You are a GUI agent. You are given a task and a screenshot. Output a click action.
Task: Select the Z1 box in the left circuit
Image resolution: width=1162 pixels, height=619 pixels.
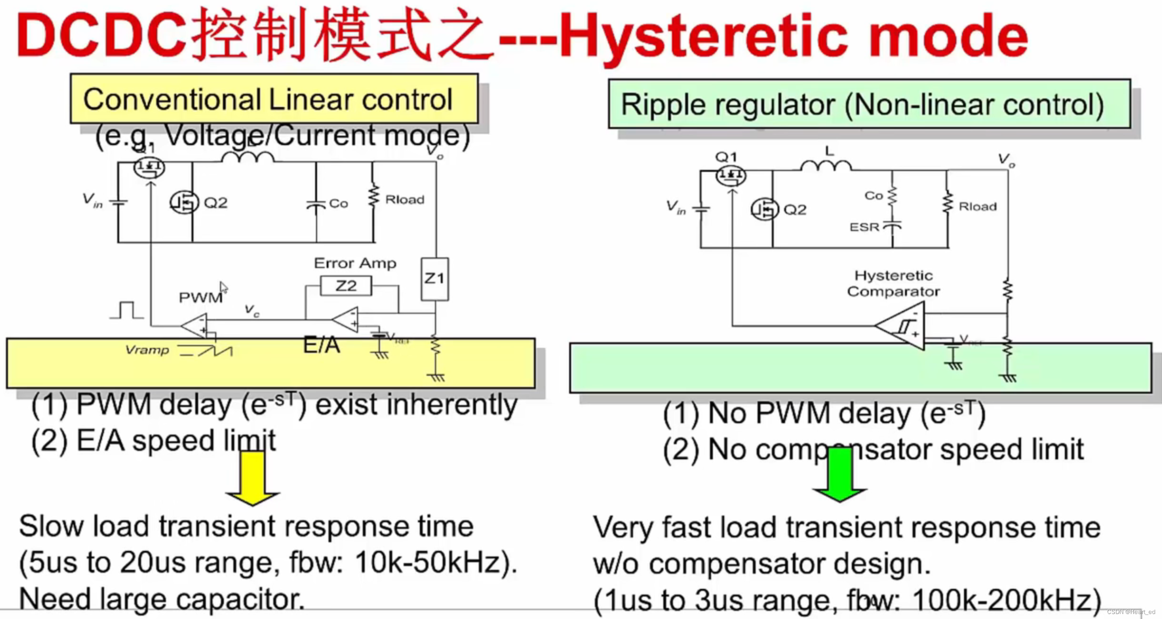435,279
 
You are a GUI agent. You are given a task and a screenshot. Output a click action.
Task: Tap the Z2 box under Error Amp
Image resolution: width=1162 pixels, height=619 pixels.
346,286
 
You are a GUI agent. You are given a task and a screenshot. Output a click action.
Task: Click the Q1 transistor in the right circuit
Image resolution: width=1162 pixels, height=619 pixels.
730,175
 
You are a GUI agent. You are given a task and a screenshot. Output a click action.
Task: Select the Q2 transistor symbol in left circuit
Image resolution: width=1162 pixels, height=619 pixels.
184,202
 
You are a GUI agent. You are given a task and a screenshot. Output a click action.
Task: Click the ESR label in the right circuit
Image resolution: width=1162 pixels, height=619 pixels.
864,227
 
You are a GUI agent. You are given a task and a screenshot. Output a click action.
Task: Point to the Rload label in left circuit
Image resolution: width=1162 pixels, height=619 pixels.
405,200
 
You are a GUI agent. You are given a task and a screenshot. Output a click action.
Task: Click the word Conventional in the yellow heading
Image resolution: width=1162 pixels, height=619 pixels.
172,100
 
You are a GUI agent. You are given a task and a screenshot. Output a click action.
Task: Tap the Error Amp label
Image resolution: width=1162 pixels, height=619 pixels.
355,263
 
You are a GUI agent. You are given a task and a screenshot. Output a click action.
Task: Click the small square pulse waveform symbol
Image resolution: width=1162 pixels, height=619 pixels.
127,311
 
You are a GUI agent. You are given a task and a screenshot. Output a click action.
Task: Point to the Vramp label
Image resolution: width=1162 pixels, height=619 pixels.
147,350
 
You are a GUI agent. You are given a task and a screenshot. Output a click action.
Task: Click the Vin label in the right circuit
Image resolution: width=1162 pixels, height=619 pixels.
676,208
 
